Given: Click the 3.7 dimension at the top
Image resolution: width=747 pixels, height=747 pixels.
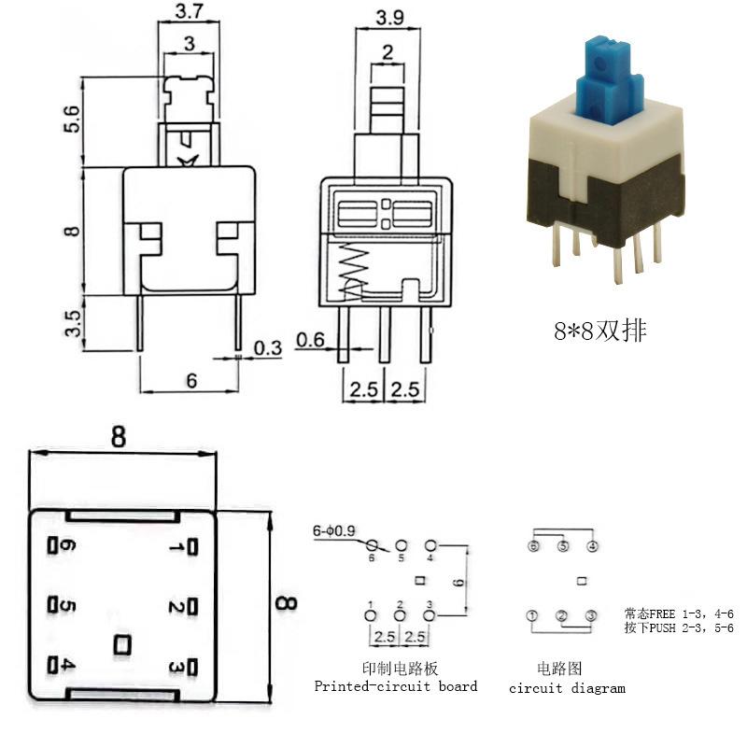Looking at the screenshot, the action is pyautogui.click(x=190, y=11).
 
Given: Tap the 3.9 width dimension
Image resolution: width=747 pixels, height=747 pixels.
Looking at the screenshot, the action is pyautogui.click(x=389, y=18).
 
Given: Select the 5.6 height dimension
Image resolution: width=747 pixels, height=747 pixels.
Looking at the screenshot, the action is pyautogui.click(x=72, y=120).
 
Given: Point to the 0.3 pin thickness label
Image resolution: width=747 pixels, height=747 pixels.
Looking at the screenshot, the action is pyautogui.click(x=268, y=348).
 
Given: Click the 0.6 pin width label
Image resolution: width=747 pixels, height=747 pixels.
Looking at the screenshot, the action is pyautogui.click(x=310, y=340).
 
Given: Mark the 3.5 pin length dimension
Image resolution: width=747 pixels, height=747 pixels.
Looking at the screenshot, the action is pyautogui.click(x=73, y=323).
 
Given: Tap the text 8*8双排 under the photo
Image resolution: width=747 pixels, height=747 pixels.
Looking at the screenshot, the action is pyautogui.click(x=600, y=331).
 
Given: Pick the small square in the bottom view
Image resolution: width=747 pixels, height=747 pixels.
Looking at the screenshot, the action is pyautogui.click(x=122, y=645).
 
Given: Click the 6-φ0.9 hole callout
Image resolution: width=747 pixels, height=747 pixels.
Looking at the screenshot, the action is pyautogui.click(x=334, y=530).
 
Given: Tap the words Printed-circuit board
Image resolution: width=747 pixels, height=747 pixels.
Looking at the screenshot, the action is pyautogui.click(x=396, y=686).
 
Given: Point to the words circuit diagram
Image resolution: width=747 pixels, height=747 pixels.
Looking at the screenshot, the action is pyautogui.click(x=567, y=688).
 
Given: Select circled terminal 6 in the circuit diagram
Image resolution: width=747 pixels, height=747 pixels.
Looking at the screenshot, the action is pyautogui.click(x=533, y=546).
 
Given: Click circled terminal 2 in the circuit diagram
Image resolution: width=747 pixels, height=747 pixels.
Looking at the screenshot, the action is pyautogui.click(x=562, y=616).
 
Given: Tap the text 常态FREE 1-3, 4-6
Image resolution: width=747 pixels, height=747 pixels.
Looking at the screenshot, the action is pyautogui.click(x=679, y=613).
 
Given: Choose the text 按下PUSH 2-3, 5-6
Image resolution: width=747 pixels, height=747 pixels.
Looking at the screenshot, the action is pyautogui.click(x=679, y=627).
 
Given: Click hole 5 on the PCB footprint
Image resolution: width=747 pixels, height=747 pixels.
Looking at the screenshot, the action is pyautogui.click(x=402, y=545).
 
